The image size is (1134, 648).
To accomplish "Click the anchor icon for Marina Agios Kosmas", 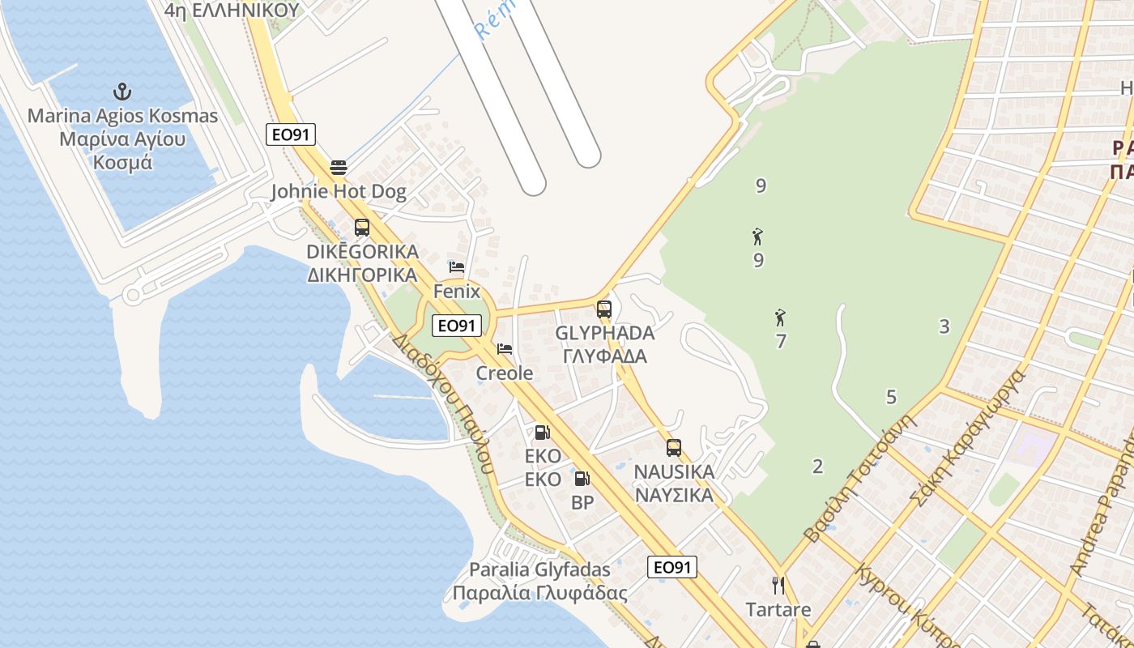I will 122,91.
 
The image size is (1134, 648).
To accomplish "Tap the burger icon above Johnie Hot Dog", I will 339,168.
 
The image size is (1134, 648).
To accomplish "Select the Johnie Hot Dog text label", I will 339,192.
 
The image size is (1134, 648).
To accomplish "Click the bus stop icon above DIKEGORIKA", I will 362,228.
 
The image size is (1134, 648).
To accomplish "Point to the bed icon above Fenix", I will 457,267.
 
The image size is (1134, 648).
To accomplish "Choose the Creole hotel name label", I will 505,373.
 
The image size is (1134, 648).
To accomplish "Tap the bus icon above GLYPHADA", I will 604,309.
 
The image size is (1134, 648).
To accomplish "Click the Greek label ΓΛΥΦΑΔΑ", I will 605,356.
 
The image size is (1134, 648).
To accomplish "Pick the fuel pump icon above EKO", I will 542,433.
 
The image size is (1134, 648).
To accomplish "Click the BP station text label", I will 582,503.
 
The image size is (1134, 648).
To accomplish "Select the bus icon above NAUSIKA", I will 674,448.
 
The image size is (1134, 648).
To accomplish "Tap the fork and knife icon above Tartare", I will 778,586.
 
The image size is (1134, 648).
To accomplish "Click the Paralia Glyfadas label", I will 539,569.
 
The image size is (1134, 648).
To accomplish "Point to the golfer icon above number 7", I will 781,317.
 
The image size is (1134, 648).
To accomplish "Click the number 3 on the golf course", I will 944,326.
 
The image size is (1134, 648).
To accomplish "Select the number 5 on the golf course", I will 892,397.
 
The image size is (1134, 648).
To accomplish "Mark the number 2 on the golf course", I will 817,467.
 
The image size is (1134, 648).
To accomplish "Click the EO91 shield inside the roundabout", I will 457,326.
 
